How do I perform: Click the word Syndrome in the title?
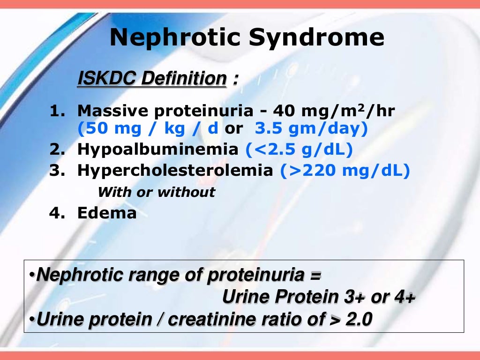(316, 38)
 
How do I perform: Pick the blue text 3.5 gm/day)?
(311, 128)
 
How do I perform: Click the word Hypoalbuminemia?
(157, 150)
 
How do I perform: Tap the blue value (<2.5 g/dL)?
(299, 150)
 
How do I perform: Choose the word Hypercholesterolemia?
(175, 171)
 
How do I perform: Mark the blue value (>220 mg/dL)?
(345, 171)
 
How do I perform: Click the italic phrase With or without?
(156, 192)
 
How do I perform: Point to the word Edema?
(107, 213)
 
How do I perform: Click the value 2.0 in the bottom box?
(359, 319)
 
